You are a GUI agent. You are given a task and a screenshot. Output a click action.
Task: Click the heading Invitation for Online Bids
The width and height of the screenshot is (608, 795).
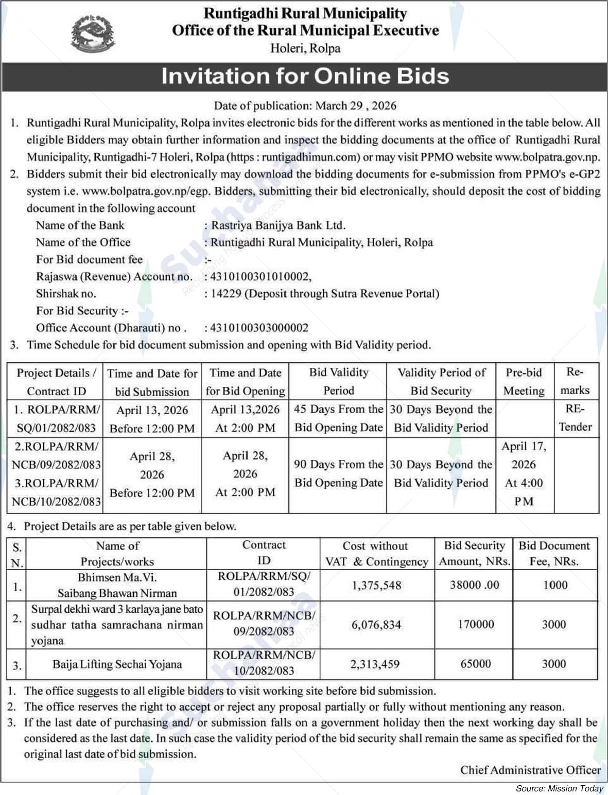tap(305, 76)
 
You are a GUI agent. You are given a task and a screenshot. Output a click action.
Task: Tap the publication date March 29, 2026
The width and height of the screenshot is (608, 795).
tap(356, 105)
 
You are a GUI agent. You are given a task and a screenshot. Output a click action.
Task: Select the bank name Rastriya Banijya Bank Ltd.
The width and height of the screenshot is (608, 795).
tap(279, 225)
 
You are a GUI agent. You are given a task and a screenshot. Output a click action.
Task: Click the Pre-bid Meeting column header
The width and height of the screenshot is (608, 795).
tap(524, 381)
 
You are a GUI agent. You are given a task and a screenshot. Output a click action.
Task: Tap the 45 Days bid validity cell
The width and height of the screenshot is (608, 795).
tap(338, 418)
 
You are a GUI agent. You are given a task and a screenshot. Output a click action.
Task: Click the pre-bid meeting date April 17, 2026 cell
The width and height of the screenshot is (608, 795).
tap(524, 473)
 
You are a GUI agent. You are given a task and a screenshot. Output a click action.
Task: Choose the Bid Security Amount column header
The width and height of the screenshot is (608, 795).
tap(474, 553)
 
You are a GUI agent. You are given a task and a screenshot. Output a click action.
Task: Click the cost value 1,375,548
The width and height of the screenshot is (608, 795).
tap(376, 585)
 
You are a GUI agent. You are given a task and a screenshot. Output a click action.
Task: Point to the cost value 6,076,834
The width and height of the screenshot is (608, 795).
tap(376, 625)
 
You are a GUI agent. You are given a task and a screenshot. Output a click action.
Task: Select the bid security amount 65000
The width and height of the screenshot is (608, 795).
tap(475, 664)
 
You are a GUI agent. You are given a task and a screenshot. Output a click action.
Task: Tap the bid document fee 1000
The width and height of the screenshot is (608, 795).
tap(555, 585)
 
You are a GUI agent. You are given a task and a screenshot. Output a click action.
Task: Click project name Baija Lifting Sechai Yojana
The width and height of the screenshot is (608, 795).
tap(117, 664)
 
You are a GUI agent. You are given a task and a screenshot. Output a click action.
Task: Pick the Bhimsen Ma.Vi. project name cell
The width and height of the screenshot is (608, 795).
tap(117, 585)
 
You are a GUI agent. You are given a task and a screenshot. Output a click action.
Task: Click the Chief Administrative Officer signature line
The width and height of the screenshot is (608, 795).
tap(530, 770)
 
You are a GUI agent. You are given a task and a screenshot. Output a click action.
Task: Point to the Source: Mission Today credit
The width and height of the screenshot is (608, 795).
tap(559, 788)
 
